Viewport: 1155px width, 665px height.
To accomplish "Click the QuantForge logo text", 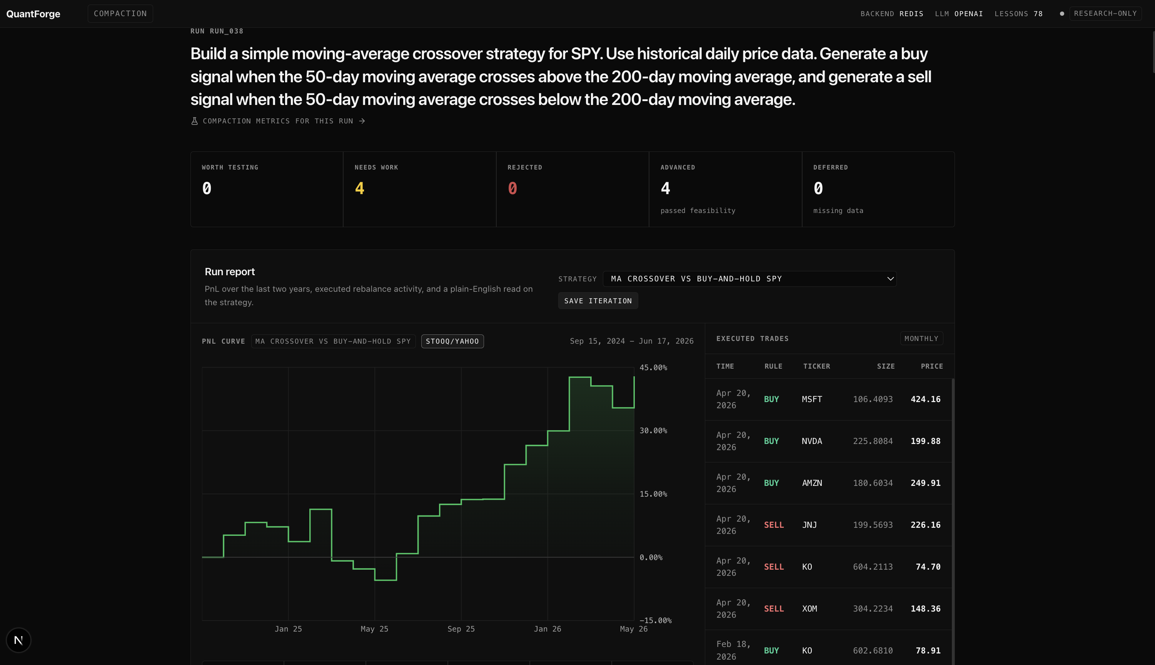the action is click(33, 14).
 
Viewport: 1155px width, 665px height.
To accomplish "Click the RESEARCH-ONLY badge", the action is click(1105, 13).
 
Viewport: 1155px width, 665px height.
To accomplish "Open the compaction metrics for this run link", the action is click(278, 121).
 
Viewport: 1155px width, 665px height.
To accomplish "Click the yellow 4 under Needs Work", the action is click(360, 188).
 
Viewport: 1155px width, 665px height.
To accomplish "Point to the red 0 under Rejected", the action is click(512, 188).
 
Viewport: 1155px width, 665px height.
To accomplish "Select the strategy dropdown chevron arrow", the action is click(890, 279).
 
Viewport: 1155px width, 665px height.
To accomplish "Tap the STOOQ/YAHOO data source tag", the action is click(452, 341).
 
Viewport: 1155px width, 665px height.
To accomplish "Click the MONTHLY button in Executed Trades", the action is click(921, 338).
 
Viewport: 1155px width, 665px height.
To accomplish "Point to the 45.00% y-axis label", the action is click(653, 367).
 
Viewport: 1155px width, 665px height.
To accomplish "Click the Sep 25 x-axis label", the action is click(461, 629).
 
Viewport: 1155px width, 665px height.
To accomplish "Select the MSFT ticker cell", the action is click(812, 399).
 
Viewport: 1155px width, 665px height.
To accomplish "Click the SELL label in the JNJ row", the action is click(774, 525).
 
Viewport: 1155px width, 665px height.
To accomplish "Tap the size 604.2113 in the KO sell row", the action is click(873, 567).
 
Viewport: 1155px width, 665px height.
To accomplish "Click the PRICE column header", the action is click(932, 366).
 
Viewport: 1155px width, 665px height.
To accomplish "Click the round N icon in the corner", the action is click(18, 640).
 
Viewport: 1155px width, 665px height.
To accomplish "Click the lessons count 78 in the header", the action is click(1038, 14).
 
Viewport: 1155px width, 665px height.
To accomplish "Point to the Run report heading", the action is click(229, 272).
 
